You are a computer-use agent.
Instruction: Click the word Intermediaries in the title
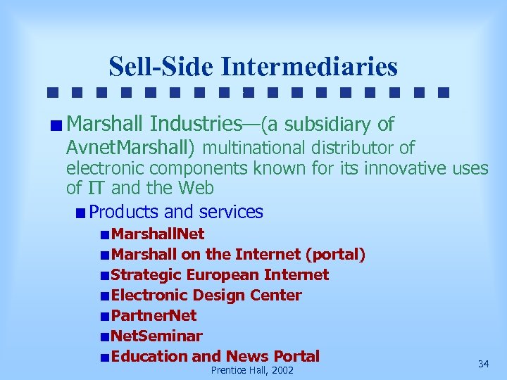tap(309, 67)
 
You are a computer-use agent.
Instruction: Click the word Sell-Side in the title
tap(161, 67)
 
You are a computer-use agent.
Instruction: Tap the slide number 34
tap(483, 364)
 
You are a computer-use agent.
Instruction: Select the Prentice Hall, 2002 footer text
tap(252, 370)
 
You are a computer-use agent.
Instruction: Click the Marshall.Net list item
tap(158, 234)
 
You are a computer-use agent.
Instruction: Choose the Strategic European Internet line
tap(220, 274)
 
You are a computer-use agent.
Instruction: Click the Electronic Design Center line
tap(206, 295)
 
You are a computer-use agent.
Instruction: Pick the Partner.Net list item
tap(154, 315)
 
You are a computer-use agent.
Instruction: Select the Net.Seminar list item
tap(156, 336)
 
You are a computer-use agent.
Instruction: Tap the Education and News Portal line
tap(215, 356)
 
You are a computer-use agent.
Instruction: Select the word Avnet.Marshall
tap(130, 148)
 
